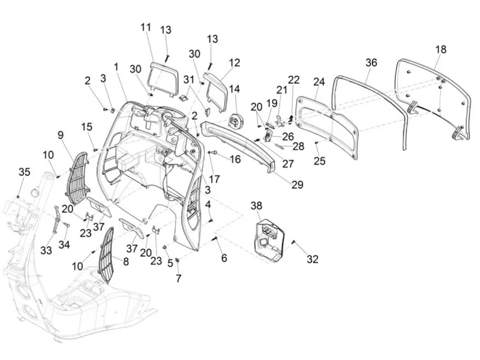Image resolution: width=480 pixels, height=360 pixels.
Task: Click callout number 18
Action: coord(441,49)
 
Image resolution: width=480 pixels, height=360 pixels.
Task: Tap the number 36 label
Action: coord(371,62)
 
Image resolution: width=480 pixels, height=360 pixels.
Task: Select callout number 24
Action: coord(319,82)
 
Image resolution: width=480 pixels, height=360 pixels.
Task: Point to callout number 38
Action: coord(257,205)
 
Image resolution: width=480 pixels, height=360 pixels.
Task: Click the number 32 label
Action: coord(313,259)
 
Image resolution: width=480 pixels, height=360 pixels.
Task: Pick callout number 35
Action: coord(25,172)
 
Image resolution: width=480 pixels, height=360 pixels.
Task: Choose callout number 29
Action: coord(297,185)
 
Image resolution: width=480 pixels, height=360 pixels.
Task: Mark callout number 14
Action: coord(235,89)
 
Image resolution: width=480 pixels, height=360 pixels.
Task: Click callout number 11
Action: coord(146,27)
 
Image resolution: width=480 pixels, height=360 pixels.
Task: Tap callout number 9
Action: coord(61,134)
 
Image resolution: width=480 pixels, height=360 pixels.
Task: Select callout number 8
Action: coord(126,262)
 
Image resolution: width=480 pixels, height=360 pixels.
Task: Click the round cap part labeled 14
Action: coord(235,121)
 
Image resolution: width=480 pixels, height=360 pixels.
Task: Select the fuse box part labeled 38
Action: coord(269,241)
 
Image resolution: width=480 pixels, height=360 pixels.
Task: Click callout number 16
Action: coord(235,159)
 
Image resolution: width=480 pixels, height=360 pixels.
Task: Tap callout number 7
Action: coord(178,278)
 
